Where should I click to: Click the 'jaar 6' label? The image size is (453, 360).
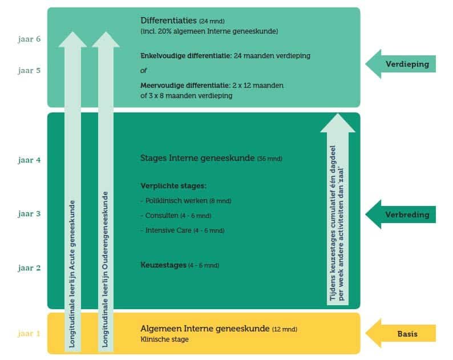(29, 40)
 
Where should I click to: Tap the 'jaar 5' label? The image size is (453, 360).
(29, 71)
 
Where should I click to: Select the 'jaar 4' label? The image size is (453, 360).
(29, 160)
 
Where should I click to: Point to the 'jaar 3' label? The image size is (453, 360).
(29, 214)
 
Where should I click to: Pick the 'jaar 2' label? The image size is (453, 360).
(29, 267)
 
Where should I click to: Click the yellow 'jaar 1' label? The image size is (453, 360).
(29, 333)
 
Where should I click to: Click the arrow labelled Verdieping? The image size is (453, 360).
(401, 64)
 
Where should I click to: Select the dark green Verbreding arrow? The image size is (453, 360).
(401, 215)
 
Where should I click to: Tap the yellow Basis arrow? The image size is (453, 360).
(401, 333)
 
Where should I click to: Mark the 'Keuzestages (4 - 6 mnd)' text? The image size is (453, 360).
(179, 265)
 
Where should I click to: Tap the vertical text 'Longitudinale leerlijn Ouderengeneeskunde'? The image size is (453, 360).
(106, 268)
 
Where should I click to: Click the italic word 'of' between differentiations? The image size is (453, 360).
(144, 71)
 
